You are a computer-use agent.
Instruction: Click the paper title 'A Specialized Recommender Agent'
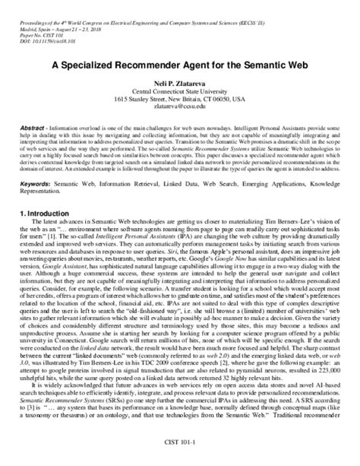point(180,65)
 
